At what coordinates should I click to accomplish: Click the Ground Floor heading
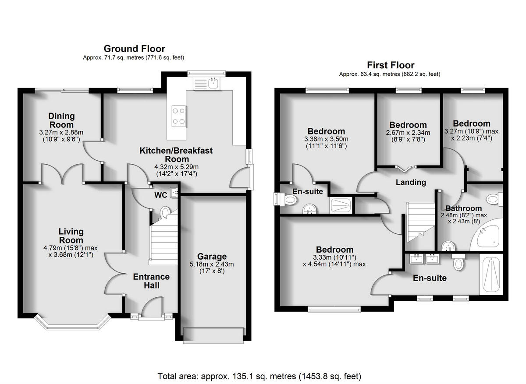coord(134,49)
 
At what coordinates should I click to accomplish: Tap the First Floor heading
coord(390,65)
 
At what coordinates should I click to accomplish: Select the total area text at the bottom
coord(259,376)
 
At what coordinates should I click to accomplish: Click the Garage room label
coord(212,256)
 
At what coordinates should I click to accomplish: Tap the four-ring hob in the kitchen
coord(178,116)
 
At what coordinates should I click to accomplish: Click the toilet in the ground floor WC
coord(165,213)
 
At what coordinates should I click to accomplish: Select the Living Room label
coord(71,236)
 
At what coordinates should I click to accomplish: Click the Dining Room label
coord(61,120)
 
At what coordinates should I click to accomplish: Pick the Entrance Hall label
coord(151,281)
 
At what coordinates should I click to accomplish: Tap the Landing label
coord(410,182)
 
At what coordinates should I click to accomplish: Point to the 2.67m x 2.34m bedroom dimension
coord(408,133)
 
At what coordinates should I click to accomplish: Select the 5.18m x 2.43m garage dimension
coord(212,264)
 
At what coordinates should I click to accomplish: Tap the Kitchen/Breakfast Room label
coord(176,155)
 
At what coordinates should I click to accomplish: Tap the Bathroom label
coord(463,208)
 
